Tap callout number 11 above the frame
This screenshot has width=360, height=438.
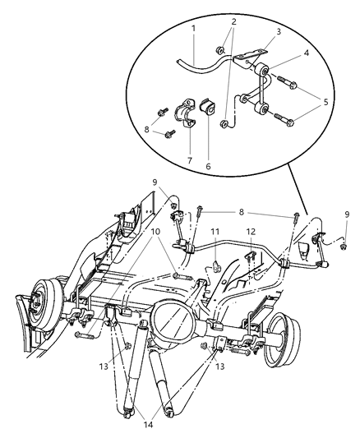(x=215, y=232)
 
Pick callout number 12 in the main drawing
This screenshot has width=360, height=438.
(x=252, y=232)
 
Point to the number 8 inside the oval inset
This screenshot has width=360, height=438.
(x=147, y=128)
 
